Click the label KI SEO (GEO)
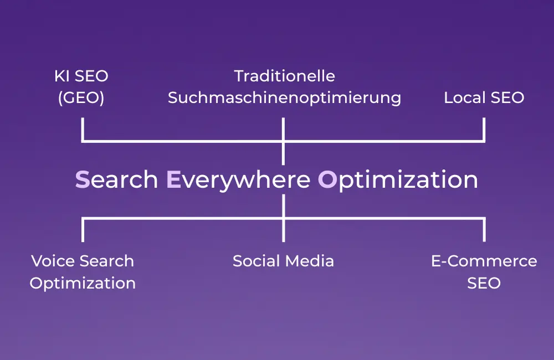pyautogui.click(x=81, y=87)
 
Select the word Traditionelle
pyautogui.click(x=284, y=75)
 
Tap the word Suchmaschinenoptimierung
pyautogui.click(x=284, y=98)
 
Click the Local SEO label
pyautogui.click(x=484, y=98)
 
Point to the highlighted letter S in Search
pyautogui.click(x=82, y=179)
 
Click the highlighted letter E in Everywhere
pyautogui.click(x=173, y=179)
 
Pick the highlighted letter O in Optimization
pyautogui.click(x=327, y=179)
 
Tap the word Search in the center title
pyautogui.click(x=116, y=179)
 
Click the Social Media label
pyautogui.click(x=283, y=261)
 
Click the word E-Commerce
pyautogui.click(x=484, y=261)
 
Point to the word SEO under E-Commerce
pyautogui.click(x=484, y=283)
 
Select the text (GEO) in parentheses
pyautogui.click(x=81, y=98)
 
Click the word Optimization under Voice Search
pyautogui.click(x=83, y=283)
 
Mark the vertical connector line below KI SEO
pyautogui.click(x=83, y=130)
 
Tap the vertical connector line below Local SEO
pyautogui.click(x=484, y=130)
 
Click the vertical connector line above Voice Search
pyautogui.click(x=83, y=230)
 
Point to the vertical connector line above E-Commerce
pyautogui.click(x=484, y=230)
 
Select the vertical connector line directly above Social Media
pyautogui.click(x=283, y=230)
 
